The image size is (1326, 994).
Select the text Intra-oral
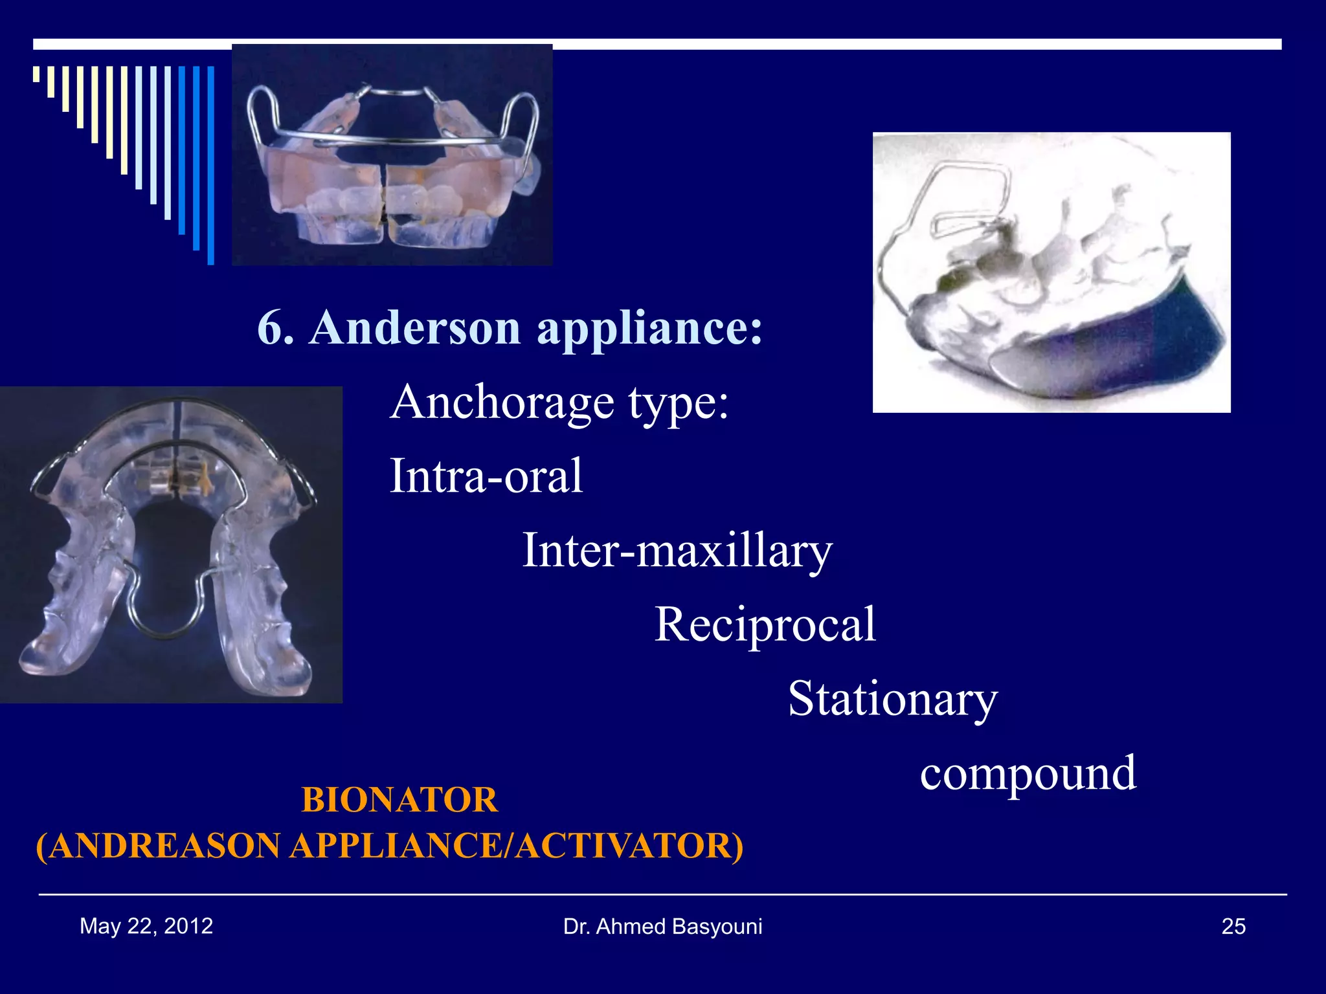(x=486, y=476)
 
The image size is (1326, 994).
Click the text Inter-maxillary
(x=677, y=550)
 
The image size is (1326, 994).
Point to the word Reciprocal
(x=765, y=624)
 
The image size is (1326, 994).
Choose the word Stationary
(x=892, y=699)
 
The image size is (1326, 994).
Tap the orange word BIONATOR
(x=399, y=800)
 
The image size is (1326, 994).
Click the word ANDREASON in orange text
(x=164, y=846)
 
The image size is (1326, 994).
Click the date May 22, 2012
(x=146, y=926)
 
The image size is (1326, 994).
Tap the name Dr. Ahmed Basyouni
(x=662, y=927)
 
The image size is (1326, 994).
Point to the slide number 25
(x=1233, y=927)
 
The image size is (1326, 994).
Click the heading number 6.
(x=275, y=327)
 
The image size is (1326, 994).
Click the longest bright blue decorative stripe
(x=210, y=165)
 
